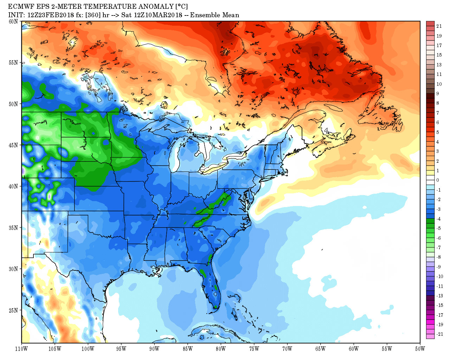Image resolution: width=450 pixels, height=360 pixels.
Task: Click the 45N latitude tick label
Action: [13, 145]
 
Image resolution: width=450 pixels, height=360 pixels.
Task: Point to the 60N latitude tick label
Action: [13, 21]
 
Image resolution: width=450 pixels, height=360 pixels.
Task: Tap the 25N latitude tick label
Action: [13, 310]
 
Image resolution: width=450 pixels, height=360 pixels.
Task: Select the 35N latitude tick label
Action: [13, 227]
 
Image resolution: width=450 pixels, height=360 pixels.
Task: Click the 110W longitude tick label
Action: [21, 349]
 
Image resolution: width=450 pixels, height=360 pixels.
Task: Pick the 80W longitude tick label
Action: [221, 349]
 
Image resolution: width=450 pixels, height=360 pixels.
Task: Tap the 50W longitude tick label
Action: [420, 349]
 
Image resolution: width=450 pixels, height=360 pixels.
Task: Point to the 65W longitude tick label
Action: [320, 349]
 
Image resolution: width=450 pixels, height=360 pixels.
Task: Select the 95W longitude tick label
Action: [121, 349]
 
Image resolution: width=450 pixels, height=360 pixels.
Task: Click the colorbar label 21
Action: [439, 26]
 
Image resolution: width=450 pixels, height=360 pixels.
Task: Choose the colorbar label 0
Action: [438, 180]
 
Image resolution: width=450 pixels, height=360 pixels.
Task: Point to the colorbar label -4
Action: [438, 219]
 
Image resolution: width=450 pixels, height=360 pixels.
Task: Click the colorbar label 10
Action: [439, 84]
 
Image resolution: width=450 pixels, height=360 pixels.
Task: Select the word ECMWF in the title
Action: [20, 7]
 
